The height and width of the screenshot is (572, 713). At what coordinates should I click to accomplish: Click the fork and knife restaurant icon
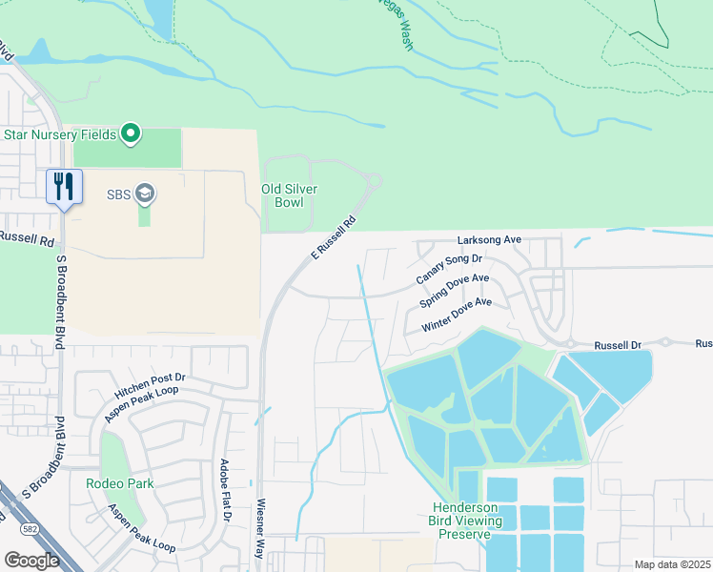point(64,185)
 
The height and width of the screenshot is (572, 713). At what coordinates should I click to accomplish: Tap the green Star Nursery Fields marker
point(132,134)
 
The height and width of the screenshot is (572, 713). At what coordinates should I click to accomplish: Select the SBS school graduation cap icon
point(145,194)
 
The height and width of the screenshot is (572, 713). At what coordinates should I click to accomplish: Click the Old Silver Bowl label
point(289,196)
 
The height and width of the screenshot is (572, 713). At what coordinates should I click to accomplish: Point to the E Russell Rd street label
point(334,237)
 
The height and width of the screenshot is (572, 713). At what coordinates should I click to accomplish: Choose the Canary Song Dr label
point(450,270)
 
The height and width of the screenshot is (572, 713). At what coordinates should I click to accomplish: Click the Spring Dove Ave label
point(455,291)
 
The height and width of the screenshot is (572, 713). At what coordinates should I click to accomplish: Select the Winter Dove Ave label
point(458,314)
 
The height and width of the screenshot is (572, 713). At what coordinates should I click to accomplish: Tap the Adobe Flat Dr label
point(226,489)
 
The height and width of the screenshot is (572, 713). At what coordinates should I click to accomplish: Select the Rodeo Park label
point(119,483)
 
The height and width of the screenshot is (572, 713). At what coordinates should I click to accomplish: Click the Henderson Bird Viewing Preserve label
point(466,521)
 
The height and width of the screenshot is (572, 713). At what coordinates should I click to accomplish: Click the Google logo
point(31,560)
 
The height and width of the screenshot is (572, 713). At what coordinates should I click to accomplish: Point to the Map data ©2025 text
point(672,564)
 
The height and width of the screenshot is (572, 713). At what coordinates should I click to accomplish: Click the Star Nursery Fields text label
point(59,134)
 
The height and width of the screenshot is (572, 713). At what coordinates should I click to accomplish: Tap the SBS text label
point(117,194)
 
